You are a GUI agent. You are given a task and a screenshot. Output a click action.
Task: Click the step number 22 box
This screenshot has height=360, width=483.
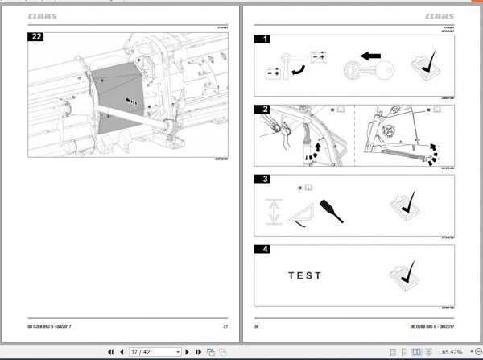pos(36,36)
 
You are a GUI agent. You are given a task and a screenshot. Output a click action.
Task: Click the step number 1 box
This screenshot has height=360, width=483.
pos(262,37)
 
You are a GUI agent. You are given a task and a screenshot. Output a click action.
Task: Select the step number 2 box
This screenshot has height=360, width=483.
pos(261,108)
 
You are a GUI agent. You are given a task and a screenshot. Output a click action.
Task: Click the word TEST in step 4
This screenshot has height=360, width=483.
pos(305,275)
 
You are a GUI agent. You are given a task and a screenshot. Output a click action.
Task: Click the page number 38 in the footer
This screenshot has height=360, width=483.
pos(257,325)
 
